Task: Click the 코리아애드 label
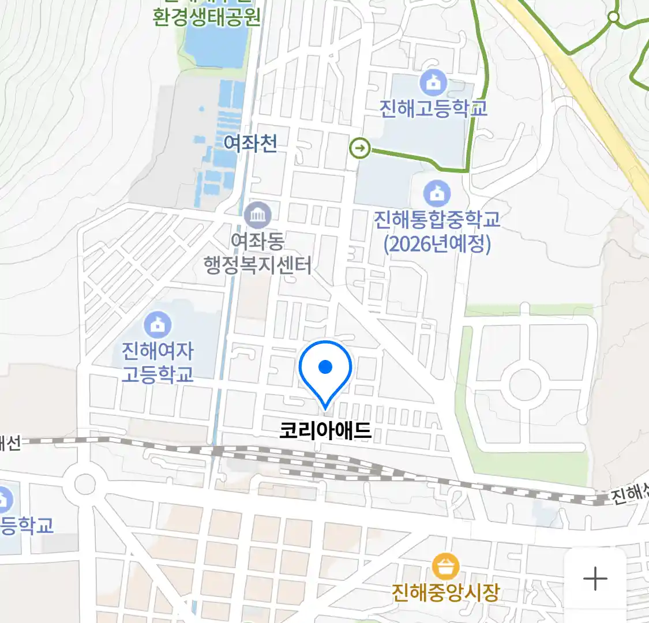pyautogui.click(x=325, y=431)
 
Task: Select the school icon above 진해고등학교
pyautogui.click(x=433, y=82)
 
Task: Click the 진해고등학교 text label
pyautogui.click(x=433, y=108)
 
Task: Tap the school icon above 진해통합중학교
pyautogui.click(x=437, y=194)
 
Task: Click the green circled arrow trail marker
pyautogui.click(x=360, y=149)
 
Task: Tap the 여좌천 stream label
pyautogui.click(x=250, y=143)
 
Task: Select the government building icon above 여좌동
pyautogui.click(x=257, y=215)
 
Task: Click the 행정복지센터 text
pyautogui.click(x=257, y=265)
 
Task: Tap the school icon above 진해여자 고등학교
pyautogui.click(x=157, y=325)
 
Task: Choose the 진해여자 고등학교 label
pyautogui.click(x=157, y=362)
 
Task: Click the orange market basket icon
pyautogui.click(x=445, y=567)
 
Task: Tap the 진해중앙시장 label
pyautogui.click(x=445, y=592)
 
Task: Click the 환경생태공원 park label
pyautogui.click(x=207, y=17)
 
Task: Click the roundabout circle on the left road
pyautogui.click(x=85, y=484)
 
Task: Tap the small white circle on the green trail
pyautogui.click(x=614, y=17)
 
